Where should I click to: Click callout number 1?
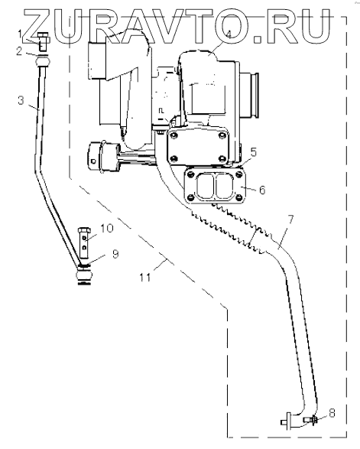pyautogui.click(x=20, y=35)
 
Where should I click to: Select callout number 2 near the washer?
pyautogui.click(x=19, y=51)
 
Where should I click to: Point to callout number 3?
pyautogui.click(x=21, y=100)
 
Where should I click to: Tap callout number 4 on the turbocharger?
pyautogui.click(x=228, y=34)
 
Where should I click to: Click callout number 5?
pyautogui.click(x=254, y=153)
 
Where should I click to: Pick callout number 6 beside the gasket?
pyautogui.click(x=262, y=190)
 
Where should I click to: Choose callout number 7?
pyautogui.click(x=290, y=220)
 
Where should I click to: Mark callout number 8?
pyautogui.click(x=332, y=413)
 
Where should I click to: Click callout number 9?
pyautogui.click(x=115, y=254)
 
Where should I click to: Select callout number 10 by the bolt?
pyautogui.click(x=106, y=228)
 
